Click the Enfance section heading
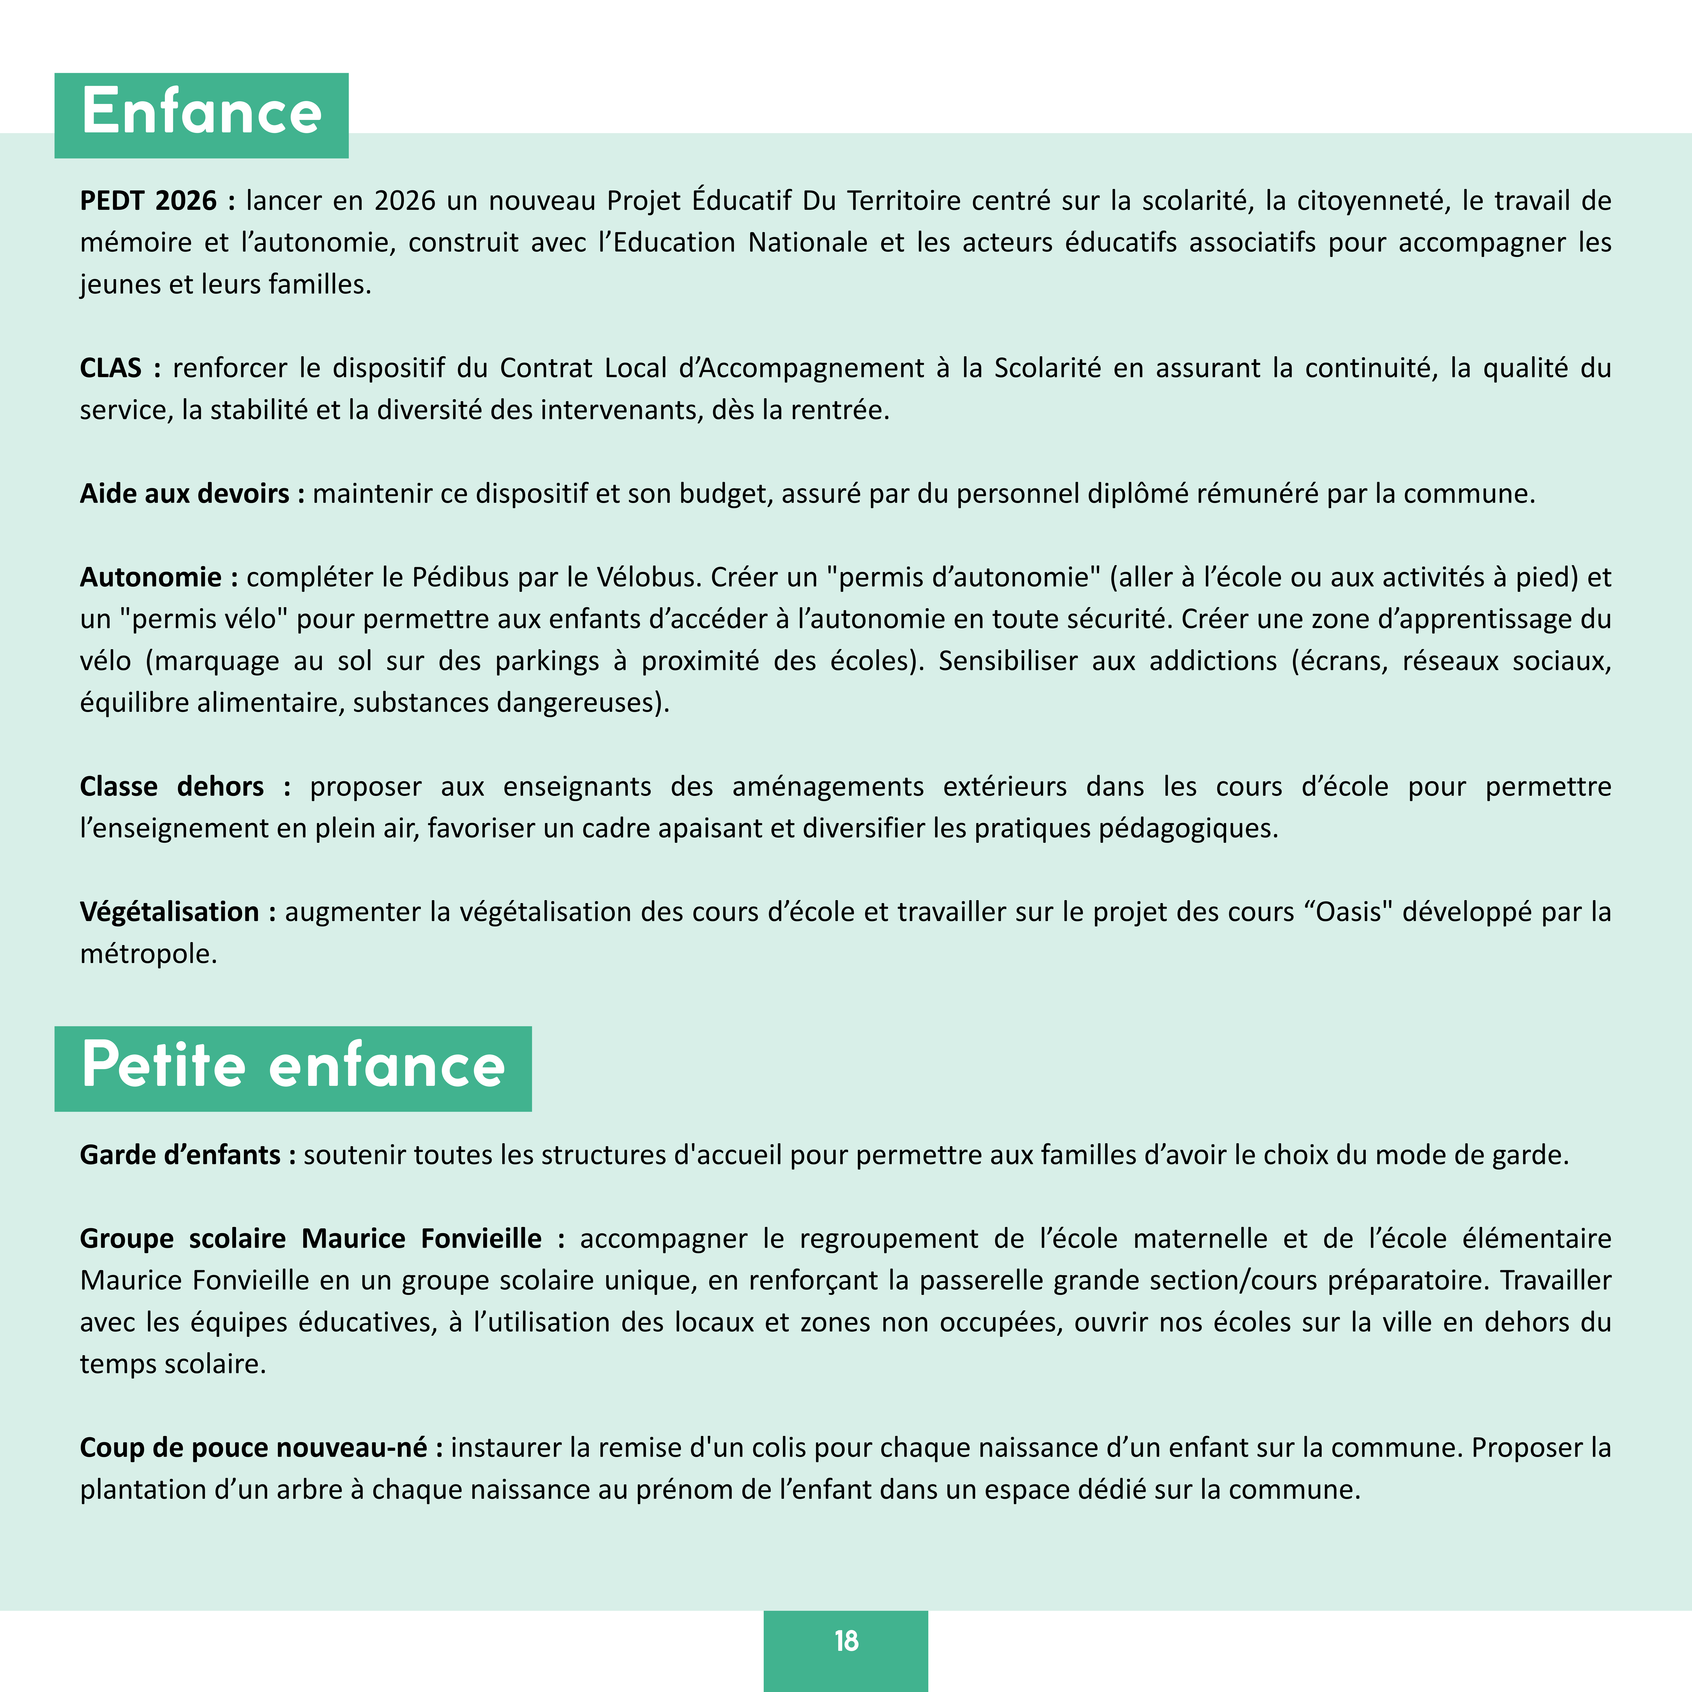tap(201, 114)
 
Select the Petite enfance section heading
tap(292, 1067)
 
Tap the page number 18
tap(846, 1640)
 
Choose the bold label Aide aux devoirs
tap(185, 494)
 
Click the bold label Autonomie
tap(151, 577)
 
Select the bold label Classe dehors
tap(172, 786)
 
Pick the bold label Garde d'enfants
tap(180, 1155)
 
